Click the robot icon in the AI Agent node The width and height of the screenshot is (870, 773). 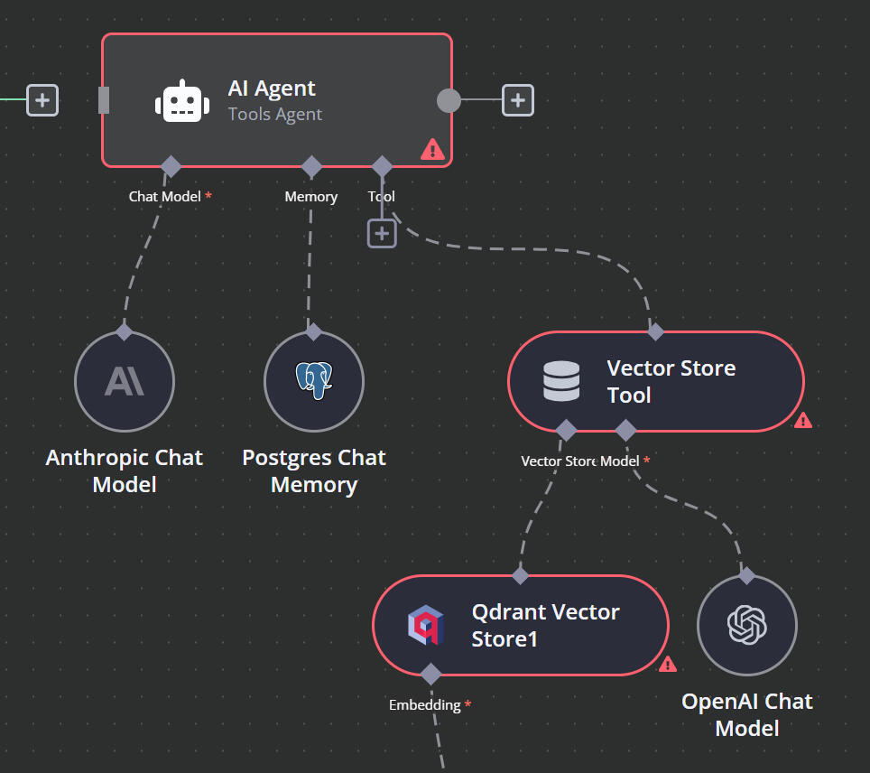[181, 100]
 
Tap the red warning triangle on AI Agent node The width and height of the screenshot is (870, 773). [432, 150]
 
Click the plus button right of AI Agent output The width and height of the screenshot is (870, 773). [517, 100]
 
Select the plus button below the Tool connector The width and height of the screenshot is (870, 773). [382, 233]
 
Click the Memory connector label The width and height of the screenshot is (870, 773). [310, 196]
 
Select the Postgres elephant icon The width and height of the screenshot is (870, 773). [313, 381]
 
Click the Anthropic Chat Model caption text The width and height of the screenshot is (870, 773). [125, 470]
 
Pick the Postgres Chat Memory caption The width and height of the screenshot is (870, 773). [314, 470]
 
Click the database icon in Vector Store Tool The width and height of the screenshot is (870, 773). [561, 381]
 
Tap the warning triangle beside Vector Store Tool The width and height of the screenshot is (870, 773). [802, 420]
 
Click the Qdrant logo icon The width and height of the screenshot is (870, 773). [425, 625]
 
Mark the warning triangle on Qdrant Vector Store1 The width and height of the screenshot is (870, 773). [668, 665]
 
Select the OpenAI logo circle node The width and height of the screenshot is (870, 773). [746, 624]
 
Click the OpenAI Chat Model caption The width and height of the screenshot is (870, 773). [747, 714]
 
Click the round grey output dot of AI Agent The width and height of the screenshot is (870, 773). [449, 100]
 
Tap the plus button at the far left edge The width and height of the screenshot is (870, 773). [42, 99]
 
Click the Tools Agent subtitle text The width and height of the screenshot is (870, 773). [275, 115]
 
